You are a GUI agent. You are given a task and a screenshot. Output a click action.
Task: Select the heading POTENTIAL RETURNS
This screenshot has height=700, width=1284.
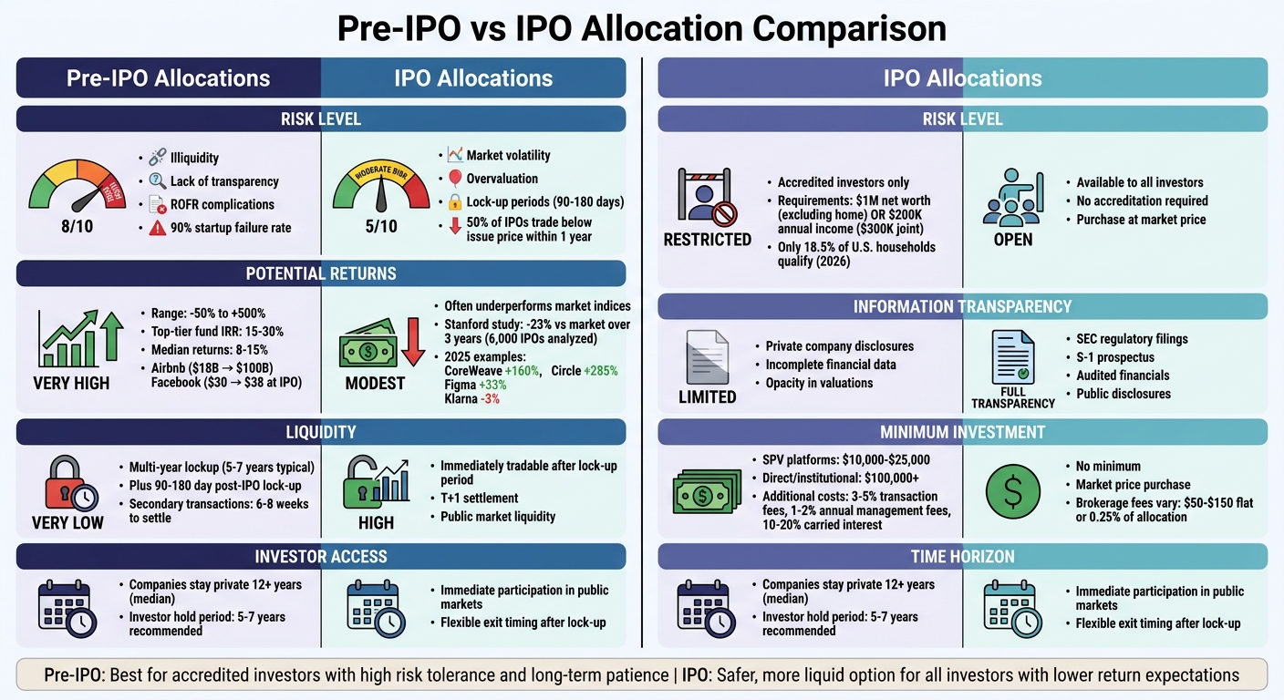(x=320, y=273)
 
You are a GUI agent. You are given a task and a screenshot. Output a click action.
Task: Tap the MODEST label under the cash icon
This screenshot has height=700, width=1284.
(x=375, y=383)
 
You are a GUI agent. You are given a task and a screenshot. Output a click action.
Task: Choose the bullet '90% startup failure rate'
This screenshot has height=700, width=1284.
(x=231, y=228)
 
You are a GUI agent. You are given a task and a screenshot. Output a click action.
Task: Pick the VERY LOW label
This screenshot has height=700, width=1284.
(x=67, y=523)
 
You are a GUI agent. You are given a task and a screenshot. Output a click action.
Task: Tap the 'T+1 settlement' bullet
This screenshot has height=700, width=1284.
(x=479, y=498)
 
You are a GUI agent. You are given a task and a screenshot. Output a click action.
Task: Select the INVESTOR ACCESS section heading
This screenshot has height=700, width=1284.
(x=320, y=557)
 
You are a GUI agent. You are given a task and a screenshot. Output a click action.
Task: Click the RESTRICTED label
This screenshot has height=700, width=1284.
(x=708, y=240)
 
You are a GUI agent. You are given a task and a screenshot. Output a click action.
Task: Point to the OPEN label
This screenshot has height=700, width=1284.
(x=1013, y=240)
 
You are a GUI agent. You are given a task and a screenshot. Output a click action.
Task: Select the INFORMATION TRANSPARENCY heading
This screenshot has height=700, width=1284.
(x=962, y=306)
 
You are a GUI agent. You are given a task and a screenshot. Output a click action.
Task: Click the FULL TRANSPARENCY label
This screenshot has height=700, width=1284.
(x=1013, y=397)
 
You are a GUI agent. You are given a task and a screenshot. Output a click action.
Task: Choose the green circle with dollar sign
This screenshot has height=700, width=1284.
(x=1013, y=491)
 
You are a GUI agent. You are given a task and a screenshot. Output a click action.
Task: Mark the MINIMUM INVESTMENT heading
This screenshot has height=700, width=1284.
(x=962, y=432)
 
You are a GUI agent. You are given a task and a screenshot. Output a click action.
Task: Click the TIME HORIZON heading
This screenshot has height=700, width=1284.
(x=962, y=557)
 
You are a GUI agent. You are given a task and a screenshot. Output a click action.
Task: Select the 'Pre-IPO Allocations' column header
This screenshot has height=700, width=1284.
(x=168, y=78)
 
